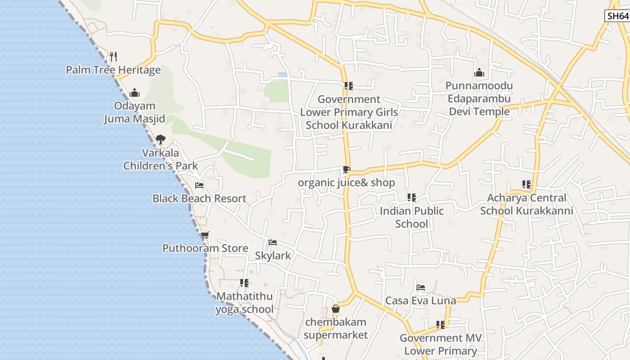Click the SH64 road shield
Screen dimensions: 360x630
[616, 16]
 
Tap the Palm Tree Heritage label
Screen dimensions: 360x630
[113, 70]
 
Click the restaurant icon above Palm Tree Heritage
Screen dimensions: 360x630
[113, 56]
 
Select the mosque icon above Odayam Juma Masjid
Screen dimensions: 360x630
[134, 93]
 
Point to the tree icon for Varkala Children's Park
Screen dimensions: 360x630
[160, 139]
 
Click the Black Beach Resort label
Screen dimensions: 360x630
[199, 198]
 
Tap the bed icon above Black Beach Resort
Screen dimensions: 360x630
[199, 185]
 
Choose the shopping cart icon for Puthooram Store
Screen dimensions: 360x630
[205, 235]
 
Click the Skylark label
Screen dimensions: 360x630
[273, 256]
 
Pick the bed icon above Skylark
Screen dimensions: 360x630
[273, 243]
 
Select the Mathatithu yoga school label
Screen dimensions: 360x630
[244, 303]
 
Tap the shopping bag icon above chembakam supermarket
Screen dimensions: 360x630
[335, 309]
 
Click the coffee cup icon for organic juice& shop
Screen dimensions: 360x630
[346, 170]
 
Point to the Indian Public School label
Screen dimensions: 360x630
[412, 217]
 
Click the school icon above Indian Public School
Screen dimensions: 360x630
[411, 197]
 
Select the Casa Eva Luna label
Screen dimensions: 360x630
[421, 301]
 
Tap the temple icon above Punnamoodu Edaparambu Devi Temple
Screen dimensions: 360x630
[479, 72]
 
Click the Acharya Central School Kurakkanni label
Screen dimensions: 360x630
[526, 204]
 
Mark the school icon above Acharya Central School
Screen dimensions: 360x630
[526, 184]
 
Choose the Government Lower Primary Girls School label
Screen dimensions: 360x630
[349, 112]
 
